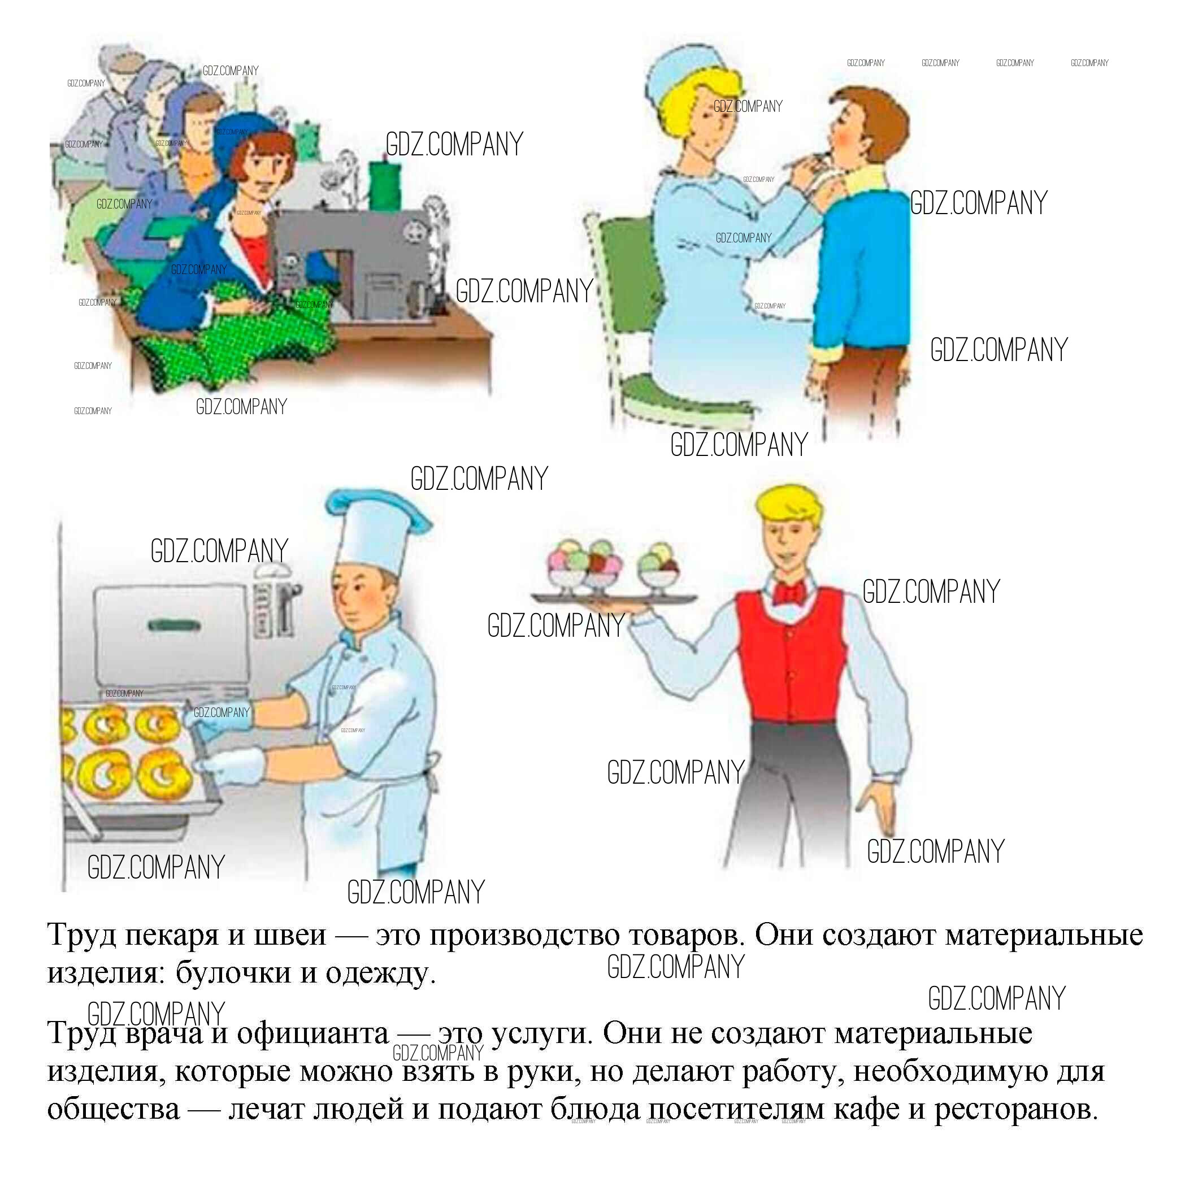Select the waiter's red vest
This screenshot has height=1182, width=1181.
point(789,655)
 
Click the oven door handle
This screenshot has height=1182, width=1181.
point(174,625)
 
